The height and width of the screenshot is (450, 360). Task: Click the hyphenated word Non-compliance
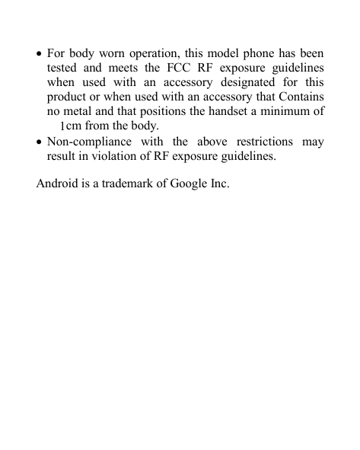pyautogui.click(x=89, y=142)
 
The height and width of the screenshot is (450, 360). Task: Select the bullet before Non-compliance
pyautogui.click(x=40, y=142)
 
